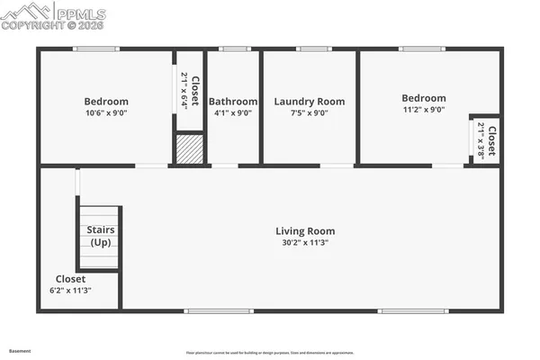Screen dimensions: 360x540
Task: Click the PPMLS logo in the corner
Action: click(54, 15)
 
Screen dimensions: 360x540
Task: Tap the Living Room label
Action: click(305, 231)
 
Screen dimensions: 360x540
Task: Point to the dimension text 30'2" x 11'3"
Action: click(305, 243)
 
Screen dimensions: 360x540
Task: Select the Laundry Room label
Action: click(309, 102)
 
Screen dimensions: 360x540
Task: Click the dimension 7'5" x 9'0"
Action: click(309, 113)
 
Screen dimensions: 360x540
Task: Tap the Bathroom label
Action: click(233, 102)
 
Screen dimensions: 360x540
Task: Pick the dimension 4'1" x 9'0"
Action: click(233, 113)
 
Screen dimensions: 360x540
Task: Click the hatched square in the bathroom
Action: click(189, 148)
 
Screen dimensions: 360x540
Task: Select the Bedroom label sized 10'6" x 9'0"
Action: click(106, 102)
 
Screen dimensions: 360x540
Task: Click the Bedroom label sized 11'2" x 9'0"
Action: click(423, 98)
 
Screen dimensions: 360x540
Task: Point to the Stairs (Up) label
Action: click(100, 236)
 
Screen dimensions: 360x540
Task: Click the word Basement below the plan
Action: click(19, 351)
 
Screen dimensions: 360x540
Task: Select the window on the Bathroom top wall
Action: click(234, 49)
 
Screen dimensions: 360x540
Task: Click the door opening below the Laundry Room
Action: click(337, 166)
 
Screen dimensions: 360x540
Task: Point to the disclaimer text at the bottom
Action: click(270, 353)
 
